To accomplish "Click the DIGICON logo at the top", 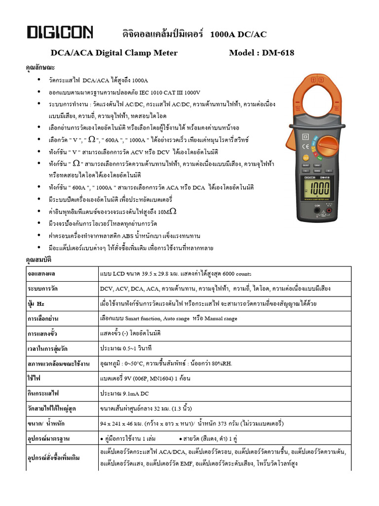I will click(x=60, y=33).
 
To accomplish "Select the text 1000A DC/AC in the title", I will click(x=238, y=34).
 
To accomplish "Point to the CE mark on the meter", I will click(x=306, y=146).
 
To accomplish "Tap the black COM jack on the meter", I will click(x=318, y=210).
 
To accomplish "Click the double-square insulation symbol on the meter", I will click(x=305, y=136).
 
